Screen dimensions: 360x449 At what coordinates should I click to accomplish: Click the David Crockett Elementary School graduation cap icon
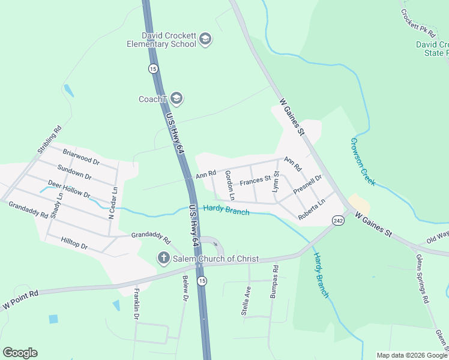tap(205, 40)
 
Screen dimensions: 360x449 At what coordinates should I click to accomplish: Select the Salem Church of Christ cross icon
tap(163, 259)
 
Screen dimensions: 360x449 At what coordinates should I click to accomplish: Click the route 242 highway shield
tap(338, 221)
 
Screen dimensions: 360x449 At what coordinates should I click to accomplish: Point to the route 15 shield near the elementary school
tap(154, 68)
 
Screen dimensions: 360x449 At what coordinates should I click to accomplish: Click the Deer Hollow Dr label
tap(69, 190)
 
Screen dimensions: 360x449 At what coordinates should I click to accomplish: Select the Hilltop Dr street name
tap(74, 242)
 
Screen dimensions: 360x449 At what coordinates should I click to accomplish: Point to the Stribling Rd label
tap(49, 139)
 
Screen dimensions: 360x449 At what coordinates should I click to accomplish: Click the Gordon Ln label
tap(229, 185)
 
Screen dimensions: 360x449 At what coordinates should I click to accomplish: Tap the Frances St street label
tap(255, 180)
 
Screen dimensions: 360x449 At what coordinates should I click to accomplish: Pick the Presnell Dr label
tap(308, 184)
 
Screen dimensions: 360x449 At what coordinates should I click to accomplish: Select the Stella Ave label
tap(245, 301)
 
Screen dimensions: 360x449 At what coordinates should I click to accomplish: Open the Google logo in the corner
tap(20, 352)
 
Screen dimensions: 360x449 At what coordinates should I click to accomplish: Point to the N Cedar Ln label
tap(112, 202)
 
